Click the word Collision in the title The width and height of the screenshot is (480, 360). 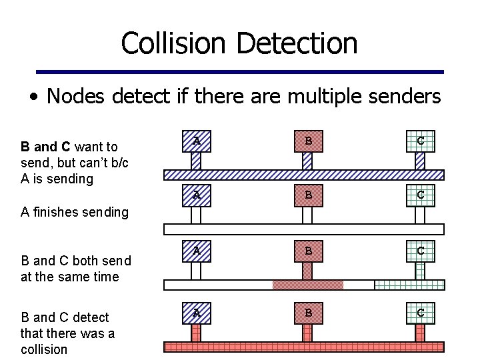[175, 43]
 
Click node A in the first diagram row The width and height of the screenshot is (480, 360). [196, 141]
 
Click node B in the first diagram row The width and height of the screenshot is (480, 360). [307, 141]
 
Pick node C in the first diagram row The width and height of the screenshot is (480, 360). [420, 141]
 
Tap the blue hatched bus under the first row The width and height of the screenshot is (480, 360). [304, 175]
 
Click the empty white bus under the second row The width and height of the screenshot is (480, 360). [304, 229]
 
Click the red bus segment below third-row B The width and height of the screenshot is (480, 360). [307, 285]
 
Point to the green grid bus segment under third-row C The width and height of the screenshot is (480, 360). [409, 285]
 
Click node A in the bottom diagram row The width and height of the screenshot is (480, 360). [196, 312]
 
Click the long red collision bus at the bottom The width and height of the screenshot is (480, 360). [304, 347]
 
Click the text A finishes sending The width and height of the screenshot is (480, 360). [74, 213]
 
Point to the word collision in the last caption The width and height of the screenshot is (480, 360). [44, 349]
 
